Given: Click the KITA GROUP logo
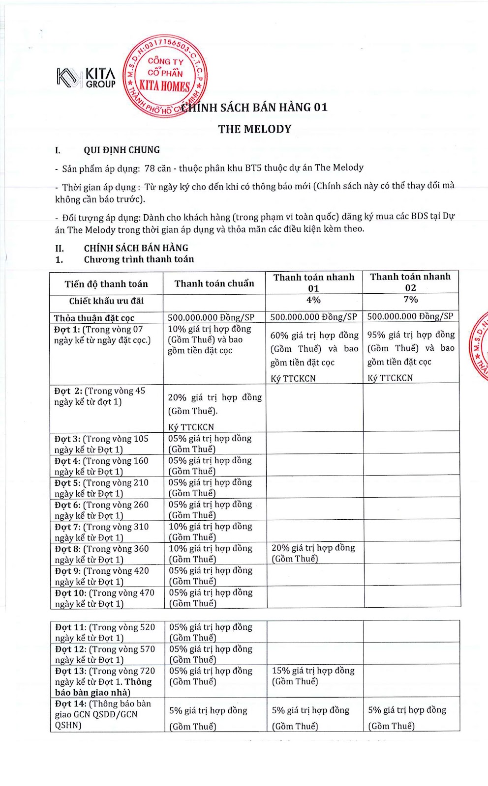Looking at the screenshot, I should point(87,78).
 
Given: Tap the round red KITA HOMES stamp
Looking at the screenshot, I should point(165,77).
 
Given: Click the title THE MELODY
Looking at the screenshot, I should point(255,129).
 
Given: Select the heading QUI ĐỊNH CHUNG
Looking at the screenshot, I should point(122,150).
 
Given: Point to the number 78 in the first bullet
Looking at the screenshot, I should point(150,168).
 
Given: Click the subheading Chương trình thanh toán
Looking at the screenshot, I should point(139,259).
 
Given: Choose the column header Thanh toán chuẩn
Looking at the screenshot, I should point(214,283).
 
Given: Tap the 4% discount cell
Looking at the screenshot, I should point(313,300).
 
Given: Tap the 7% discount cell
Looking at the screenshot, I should point(411,300).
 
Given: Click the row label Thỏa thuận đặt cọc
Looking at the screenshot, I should point(94,318).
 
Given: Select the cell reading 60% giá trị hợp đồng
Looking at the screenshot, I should point(314,336).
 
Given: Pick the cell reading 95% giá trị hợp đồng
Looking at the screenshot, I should point(411,335).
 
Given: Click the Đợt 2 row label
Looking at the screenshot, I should point(100,396).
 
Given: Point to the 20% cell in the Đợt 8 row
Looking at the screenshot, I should point(313,553).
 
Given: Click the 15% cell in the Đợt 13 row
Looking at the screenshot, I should point(313,676).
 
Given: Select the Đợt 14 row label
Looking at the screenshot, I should point(103,714).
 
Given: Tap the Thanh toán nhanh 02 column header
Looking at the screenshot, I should point(410,282).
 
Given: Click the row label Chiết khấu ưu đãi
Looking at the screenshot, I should point(106,301).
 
